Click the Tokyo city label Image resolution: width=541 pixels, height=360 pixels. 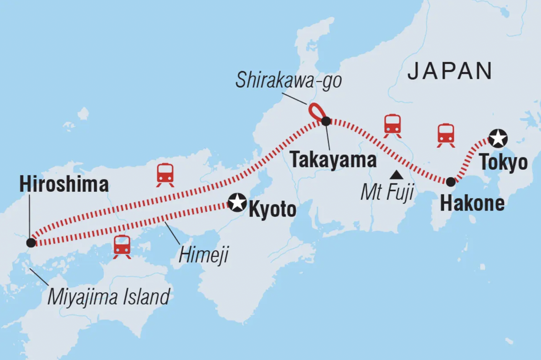503,162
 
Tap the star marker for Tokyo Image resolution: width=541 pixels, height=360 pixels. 498,138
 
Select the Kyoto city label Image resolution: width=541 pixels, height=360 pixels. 272,209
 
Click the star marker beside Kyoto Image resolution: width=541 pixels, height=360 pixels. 237,202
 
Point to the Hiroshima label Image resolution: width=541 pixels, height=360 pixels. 64,184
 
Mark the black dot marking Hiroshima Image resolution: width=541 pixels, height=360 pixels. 31,243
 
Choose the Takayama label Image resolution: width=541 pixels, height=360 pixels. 333,160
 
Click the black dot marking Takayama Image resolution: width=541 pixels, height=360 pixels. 326,121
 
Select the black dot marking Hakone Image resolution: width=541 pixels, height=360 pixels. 451,182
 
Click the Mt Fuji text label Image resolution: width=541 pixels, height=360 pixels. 387,193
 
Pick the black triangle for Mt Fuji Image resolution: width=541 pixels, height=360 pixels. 396,175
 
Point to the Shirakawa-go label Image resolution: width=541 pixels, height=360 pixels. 288,80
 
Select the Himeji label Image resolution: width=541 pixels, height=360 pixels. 203,255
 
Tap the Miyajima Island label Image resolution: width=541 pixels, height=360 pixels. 109,297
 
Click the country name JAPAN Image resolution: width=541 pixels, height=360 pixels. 450,71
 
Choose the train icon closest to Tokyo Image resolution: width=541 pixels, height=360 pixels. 446,135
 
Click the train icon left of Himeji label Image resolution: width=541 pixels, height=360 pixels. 122,247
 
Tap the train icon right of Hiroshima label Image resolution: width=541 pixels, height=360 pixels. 165,175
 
